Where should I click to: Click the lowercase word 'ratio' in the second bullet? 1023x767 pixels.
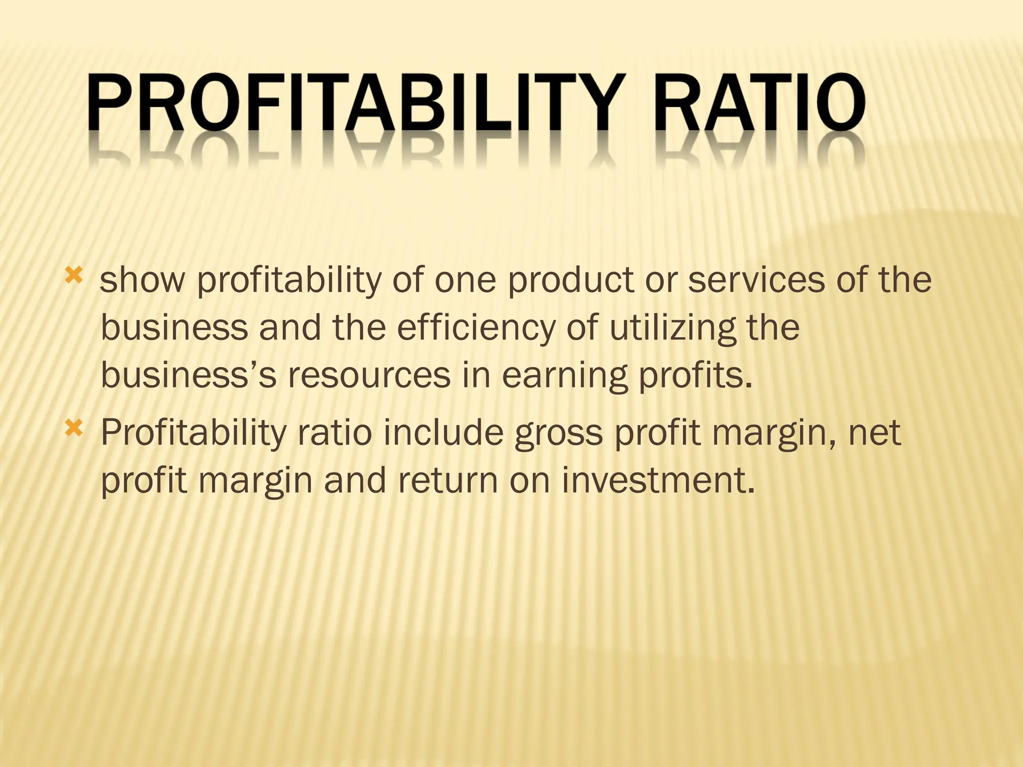point(334,432)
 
